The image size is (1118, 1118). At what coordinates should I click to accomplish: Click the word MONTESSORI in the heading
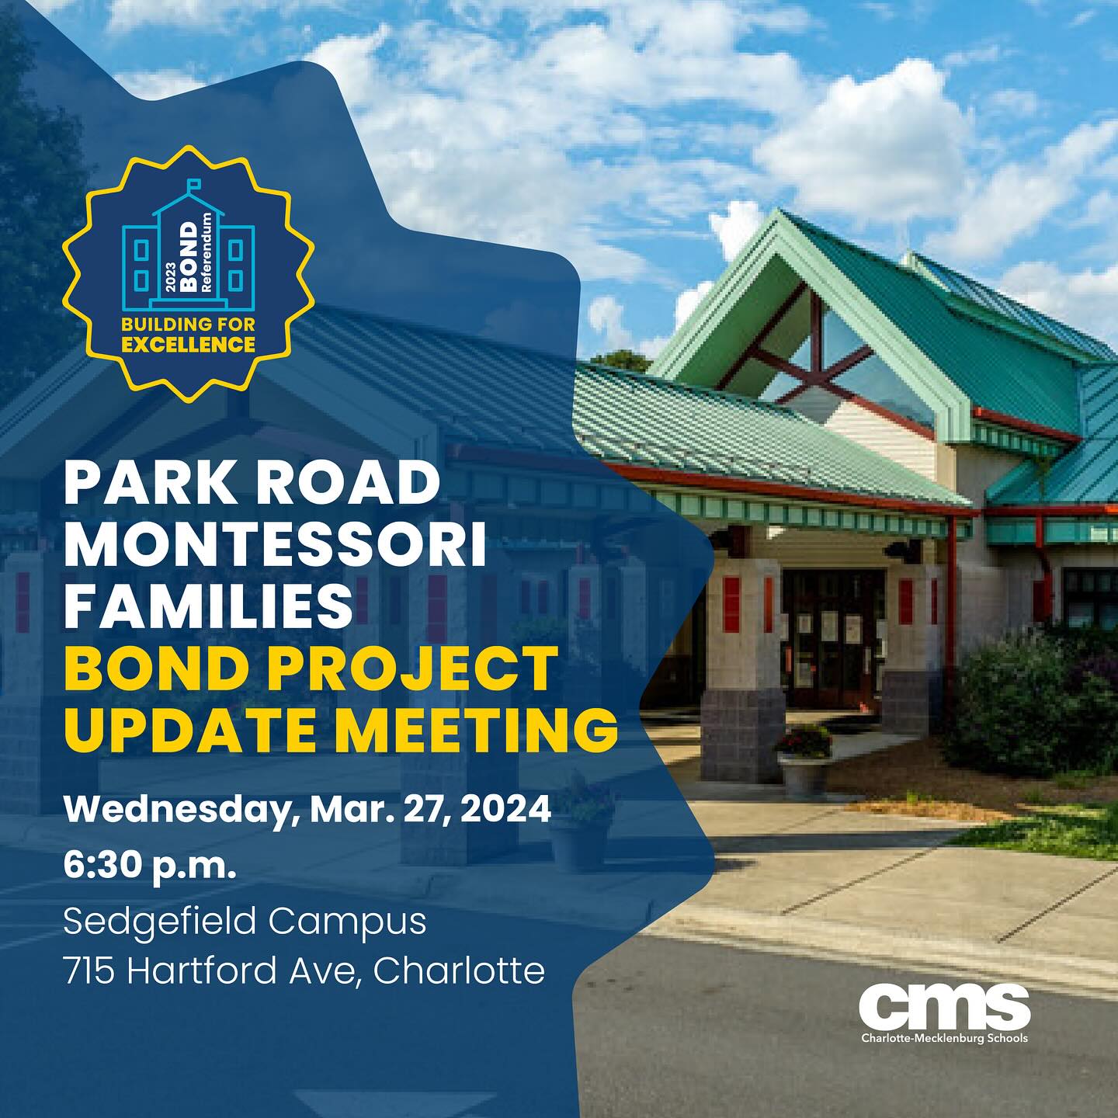point(275,547)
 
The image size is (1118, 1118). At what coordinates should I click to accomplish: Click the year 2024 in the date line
point(505,809)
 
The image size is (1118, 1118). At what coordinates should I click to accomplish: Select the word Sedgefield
point(160,922)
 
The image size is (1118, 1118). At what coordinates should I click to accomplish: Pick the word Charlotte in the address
point(459,970)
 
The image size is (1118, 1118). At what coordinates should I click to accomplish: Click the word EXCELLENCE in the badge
point(189,345)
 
